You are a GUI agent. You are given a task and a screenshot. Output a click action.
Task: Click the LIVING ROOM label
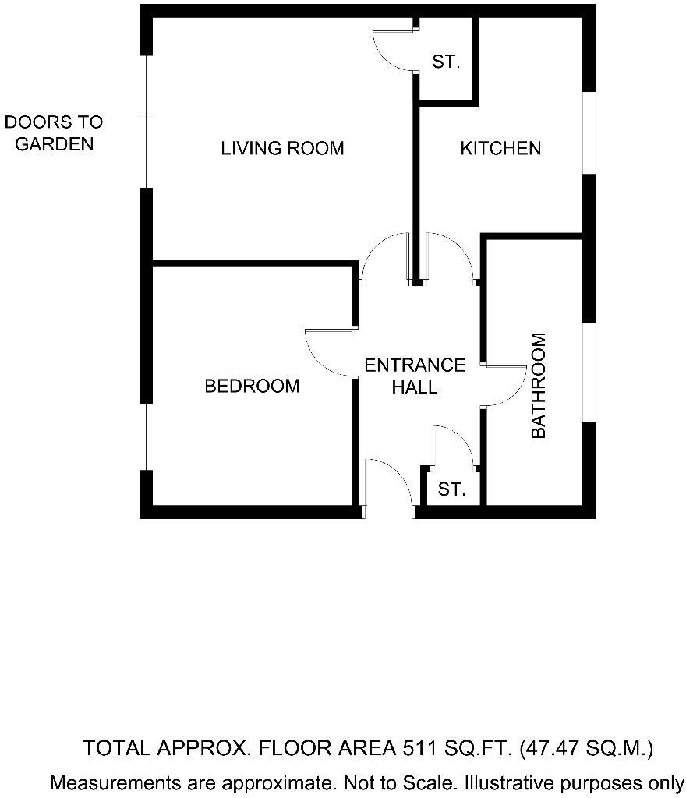[x=282, y=148]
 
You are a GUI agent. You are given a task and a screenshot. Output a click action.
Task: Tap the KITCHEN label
[x=500, y=148]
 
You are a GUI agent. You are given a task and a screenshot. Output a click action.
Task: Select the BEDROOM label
[x=252, y=386]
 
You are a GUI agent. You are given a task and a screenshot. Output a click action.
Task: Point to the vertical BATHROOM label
[x=539, y=386]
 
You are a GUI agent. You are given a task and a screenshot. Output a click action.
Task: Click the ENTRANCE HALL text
[x=415, y=376]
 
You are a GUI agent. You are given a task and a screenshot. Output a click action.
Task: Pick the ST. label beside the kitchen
[x=447, y=62]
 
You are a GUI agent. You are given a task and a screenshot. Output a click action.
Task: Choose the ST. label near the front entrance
[x=452, y=489]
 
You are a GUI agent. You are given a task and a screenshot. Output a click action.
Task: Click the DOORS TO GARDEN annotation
[x=54, y=132]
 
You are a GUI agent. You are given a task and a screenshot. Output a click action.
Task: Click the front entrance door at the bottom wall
[x=388, y=487]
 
